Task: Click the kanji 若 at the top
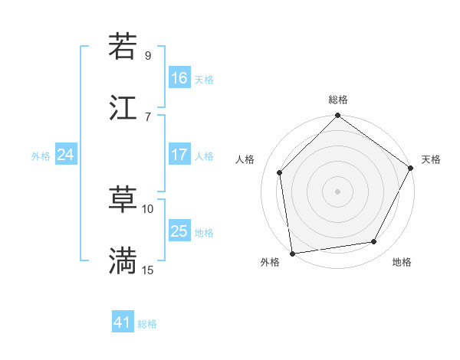[123, 47]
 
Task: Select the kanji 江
[123, 107]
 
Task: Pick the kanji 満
[123, 261]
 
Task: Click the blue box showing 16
[179, 78]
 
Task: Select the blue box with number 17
[179, 155]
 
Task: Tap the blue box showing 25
[179, 231]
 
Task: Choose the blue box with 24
[66, 155]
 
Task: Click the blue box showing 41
[123, 322]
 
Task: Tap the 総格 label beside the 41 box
[147, 324]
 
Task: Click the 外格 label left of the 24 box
[41, 155]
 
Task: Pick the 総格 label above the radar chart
[338, 100]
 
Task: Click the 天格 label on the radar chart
[431, 159]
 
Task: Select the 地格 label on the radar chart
[402, 262]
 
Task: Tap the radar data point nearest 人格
[280, 172]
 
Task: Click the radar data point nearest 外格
[292, 253]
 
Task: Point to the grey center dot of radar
[338, 191]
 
